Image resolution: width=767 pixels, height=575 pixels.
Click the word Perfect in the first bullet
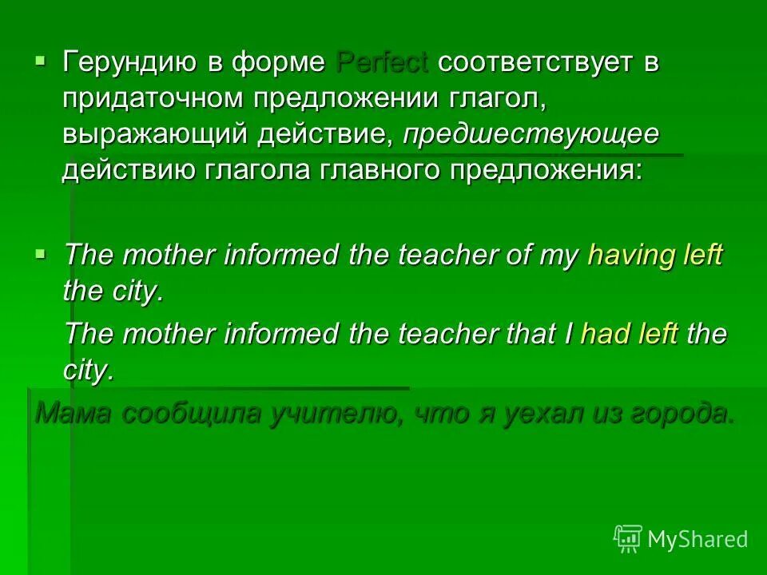(x=383, y=62)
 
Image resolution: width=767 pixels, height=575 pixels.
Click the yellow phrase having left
(x=654, y=256)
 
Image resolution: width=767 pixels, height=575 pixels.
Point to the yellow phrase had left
(x=630, y=334)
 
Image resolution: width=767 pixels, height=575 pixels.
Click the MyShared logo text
(x=697, y=539)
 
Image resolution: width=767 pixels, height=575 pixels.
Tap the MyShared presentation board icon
(x=628, y=539)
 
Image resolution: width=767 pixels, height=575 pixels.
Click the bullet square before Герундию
(x=42, y=60)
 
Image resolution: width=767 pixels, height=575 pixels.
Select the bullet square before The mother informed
(x=42, y=253)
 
